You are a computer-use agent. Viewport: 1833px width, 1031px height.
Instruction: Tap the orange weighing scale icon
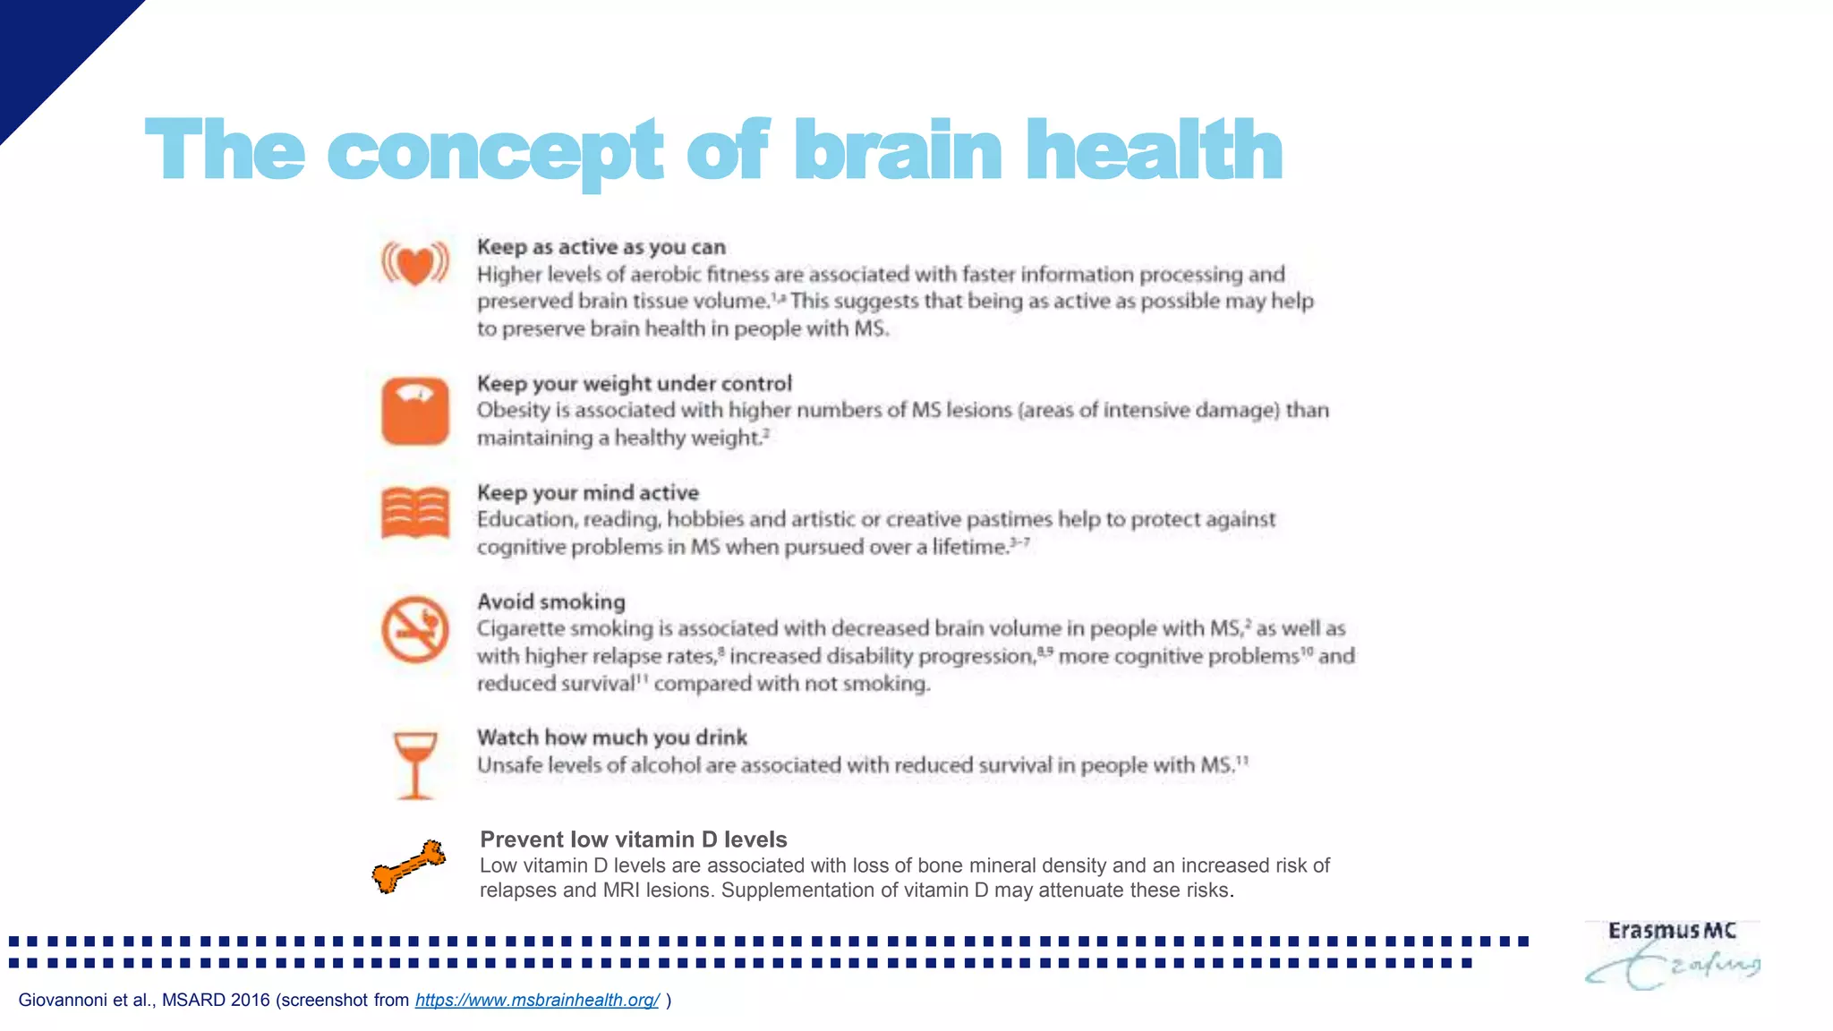415,412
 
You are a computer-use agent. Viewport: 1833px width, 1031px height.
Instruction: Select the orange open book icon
415,513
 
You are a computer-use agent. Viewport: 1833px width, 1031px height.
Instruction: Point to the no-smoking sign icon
415,629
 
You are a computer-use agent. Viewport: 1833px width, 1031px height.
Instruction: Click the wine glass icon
415,764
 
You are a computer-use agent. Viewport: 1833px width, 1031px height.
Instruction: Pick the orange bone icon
409,866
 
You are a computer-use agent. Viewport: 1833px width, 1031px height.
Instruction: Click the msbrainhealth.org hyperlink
537,1000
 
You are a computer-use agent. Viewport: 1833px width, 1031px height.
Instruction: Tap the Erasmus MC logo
1672,954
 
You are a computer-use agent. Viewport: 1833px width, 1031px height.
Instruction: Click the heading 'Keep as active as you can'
601,247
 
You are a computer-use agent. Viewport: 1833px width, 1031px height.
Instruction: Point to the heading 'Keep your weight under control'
634,384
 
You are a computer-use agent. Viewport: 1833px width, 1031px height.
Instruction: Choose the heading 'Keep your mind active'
587,492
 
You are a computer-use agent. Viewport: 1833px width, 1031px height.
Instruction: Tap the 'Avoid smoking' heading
550,601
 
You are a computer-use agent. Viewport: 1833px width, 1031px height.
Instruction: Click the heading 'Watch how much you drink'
611,737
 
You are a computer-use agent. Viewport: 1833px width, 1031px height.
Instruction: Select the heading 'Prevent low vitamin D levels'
633,839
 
